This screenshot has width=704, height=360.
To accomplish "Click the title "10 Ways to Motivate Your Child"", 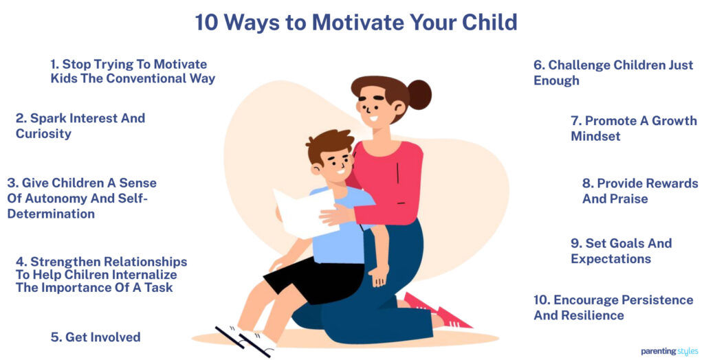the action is [355, 23].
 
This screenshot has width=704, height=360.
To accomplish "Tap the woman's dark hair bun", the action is [419, 94].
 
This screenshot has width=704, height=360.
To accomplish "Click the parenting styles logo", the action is [670, 351].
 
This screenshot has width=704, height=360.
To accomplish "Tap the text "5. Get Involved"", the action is [96, 337].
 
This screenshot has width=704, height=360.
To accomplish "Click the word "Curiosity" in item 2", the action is [43, 134].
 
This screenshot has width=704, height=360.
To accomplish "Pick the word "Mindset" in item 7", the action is [595, 137].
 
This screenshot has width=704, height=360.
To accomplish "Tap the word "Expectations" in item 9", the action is [610, 259].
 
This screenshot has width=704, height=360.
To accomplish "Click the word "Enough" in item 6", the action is [556, 81].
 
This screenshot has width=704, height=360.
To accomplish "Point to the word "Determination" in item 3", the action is [51, 214].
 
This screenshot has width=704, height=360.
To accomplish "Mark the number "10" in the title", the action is [206, 23].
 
